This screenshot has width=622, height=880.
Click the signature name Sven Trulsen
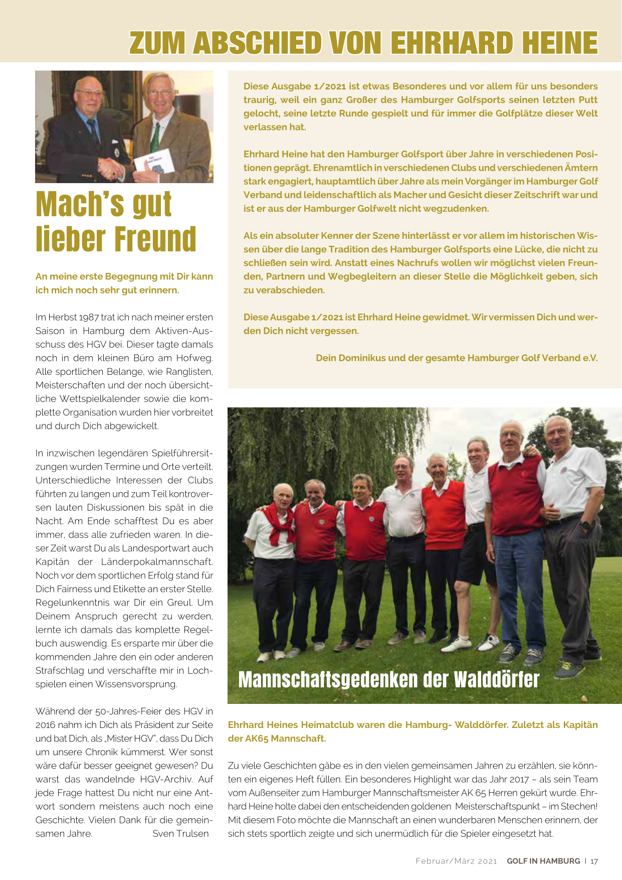click(180, 833)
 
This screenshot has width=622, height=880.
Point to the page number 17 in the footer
click(594, 861)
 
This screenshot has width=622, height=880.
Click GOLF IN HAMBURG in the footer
click(543, 861)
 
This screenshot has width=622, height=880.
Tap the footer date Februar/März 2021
click(456, 861)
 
